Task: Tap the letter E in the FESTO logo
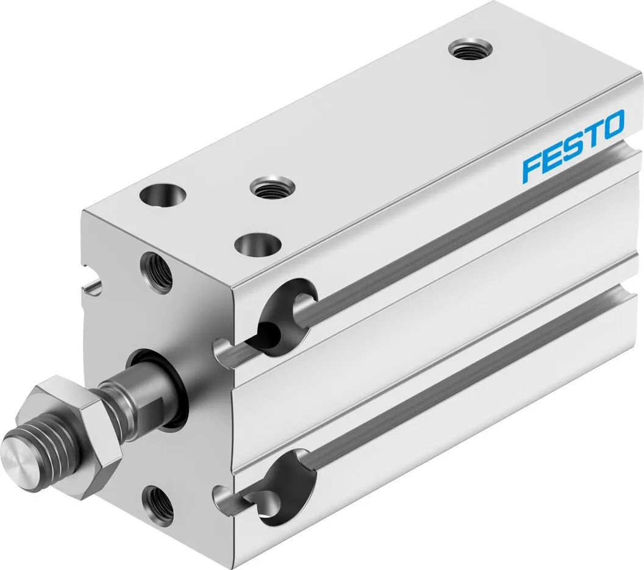pos(553,157)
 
